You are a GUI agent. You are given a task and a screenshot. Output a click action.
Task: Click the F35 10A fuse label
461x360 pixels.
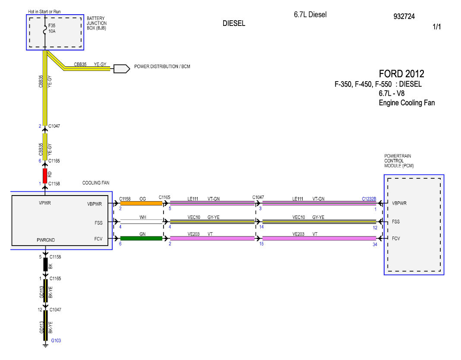click(52, 28)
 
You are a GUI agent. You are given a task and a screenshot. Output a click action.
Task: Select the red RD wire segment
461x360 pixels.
click(45, 176)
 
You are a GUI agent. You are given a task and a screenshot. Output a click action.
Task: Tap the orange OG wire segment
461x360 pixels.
click(141, 203)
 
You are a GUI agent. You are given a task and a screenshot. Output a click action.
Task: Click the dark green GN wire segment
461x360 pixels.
click(141, 238)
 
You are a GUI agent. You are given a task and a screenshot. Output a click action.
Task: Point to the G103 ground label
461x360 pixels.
click(56, 341)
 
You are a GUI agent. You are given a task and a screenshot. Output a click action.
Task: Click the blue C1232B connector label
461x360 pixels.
click(369, 199)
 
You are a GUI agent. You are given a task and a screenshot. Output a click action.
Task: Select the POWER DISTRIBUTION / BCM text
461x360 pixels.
click(162, 66)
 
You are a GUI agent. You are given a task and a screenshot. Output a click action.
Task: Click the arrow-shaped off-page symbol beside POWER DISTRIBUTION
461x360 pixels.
click(122, 69)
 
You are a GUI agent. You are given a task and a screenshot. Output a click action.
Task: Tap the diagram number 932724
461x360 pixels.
click(404, 16)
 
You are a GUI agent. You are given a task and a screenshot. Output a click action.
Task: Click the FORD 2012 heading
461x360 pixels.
click(401, 73)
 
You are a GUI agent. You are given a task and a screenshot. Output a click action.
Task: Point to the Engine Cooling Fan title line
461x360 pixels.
click(407, 103)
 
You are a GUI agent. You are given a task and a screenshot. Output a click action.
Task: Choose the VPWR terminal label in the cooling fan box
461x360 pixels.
click(45, 203)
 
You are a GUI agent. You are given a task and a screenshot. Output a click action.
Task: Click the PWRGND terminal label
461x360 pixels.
click(46, 240)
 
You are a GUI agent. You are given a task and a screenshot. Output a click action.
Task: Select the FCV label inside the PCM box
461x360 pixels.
click(396, 239)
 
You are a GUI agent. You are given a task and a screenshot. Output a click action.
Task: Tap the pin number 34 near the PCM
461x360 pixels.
click(375, 244)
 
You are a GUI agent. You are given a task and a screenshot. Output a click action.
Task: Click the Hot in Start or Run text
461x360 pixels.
click(44, 12)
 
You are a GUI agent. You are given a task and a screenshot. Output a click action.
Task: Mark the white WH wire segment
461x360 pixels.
click(141, 221)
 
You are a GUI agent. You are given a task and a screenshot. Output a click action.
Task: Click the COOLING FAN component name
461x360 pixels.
click(95, 183)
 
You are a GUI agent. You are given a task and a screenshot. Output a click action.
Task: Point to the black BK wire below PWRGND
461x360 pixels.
click(46, 265)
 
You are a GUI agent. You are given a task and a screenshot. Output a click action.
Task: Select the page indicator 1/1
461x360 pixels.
click(436, 27)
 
